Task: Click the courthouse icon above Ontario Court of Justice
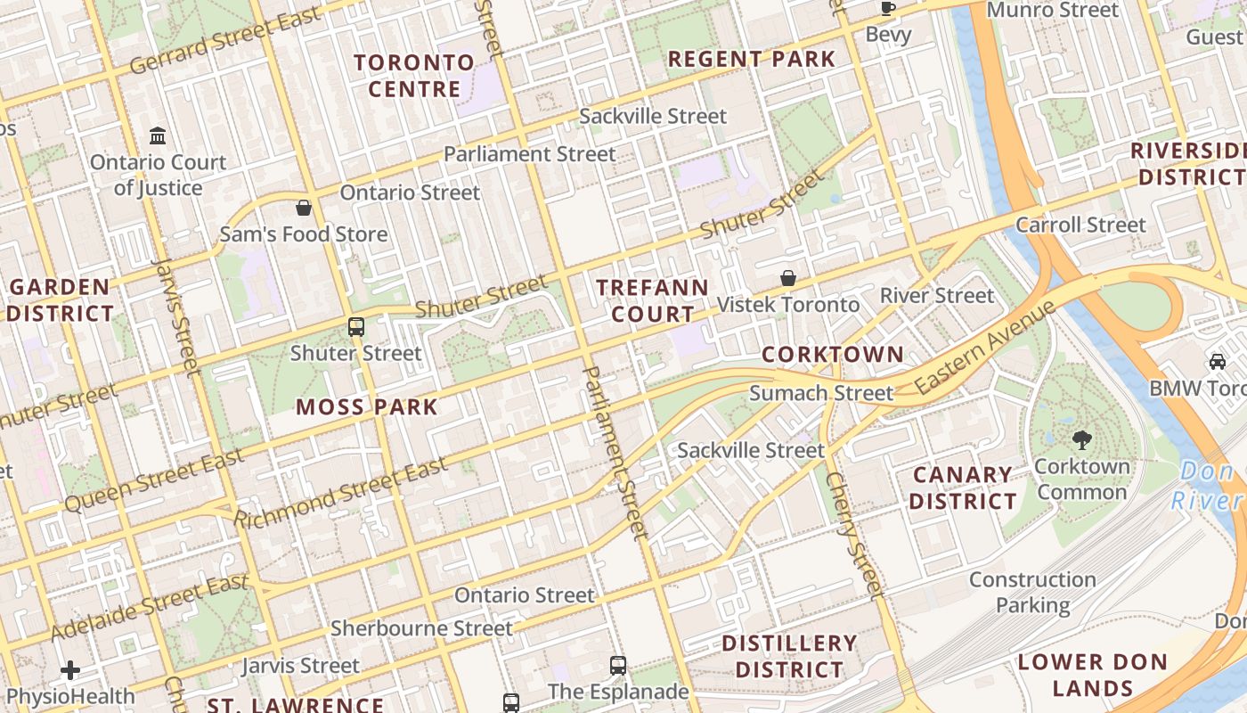158,136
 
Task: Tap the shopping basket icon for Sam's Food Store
304,209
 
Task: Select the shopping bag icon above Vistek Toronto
788,278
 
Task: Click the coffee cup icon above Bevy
888,9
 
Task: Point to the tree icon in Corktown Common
1082,439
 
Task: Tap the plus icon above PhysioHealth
70,670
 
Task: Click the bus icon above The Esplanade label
618,665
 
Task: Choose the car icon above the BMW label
1217,361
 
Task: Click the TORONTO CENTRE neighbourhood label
414,76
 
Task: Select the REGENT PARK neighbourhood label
752,60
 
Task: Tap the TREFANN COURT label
652,301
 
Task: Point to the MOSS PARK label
367,407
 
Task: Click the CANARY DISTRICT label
963,488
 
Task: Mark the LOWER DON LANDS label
1092,675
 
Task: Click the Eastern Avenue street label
985,348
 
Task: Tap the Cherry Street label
853,534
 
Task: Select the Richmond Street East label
341,493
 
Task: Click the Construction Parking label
1032,592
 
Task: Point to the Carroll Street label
1080,225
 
